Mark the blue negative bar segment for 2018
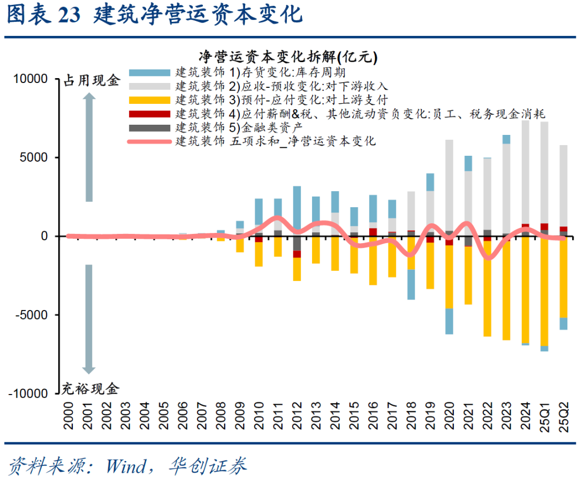coord(411,284)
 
